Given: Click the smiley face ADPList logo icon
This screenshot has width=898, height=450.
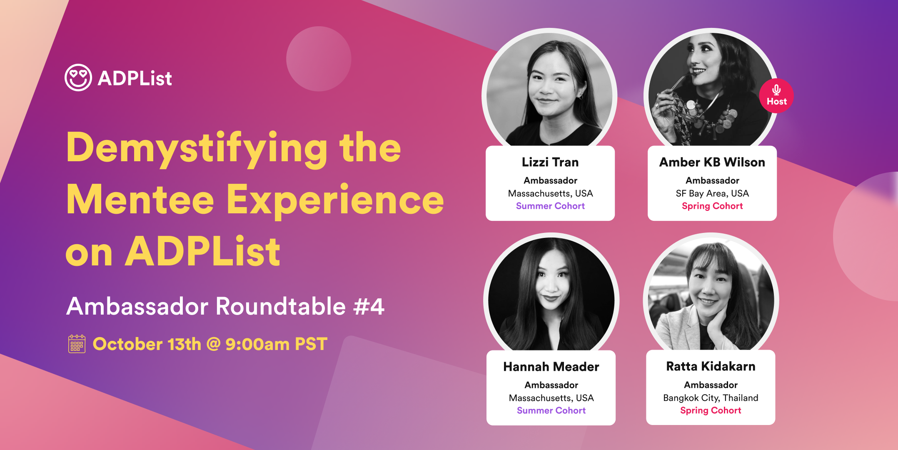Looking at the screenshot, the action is pos(78,77).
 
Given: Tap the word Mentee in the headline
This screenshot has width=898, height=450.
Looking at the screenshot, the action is pos(140,200).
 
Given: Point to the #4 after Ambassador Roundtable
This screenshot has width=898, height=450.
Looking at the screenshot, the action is pos(369,307).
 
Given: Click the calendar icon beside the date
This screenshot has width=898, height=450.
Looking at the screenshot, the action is pos(77,344).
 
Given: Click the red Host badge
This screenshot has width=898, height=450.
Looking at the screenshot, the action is pos(776,96).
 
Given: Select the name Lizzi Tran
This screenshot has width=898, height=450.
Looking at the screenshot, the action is pos(550,162).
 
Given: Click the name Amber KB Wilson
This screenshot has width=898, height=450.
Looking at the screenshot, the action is pos(712,162).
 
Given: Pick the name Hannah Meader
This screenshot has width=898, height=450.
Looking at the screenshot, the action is pos(551,367).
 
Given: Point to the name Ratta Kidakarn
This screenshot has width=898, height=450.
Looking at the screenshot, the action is pos(711,366).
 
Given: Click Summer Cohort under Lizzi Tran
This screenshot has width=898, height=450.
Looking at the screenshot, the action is pos(550,206).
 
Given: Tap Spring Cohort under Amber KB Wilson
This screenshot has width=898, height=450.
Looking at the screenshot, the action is pos(712,206).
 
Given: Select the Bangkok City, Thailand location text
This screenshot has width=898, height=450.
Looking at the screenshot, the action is pos(711,398).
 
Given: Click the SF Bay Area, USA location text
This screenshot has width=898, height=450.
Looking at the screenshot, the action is pos(712,193).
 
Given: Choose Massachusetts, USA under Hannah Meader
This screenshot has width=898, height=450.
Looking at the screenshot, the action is pos(551,398).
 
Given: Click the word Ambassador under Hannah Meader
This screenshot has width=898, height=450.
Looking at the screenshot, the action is pos(551,385).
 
